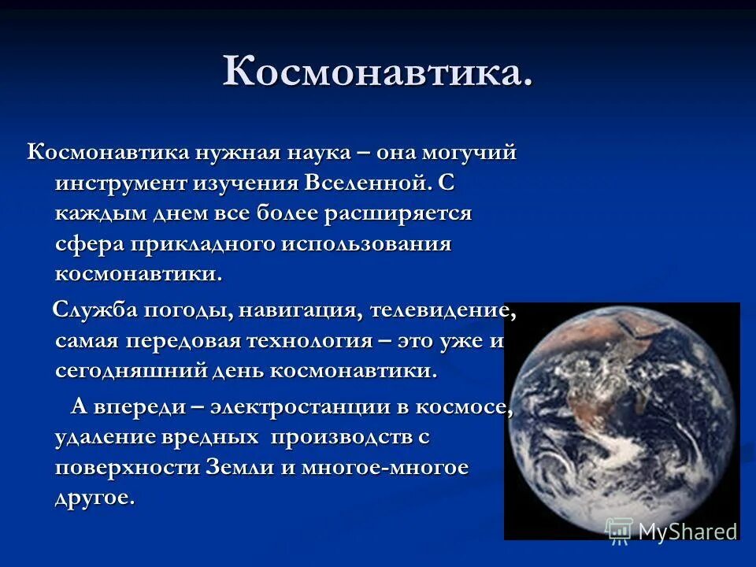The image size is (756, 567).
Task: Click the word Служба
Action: point(95,310)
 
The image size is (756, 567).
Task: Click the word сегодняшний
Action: point(129,371)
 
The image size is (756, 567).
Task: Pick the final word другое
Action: point(94,498)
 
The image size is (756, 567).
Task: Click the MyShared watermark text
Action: point(686,532)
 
